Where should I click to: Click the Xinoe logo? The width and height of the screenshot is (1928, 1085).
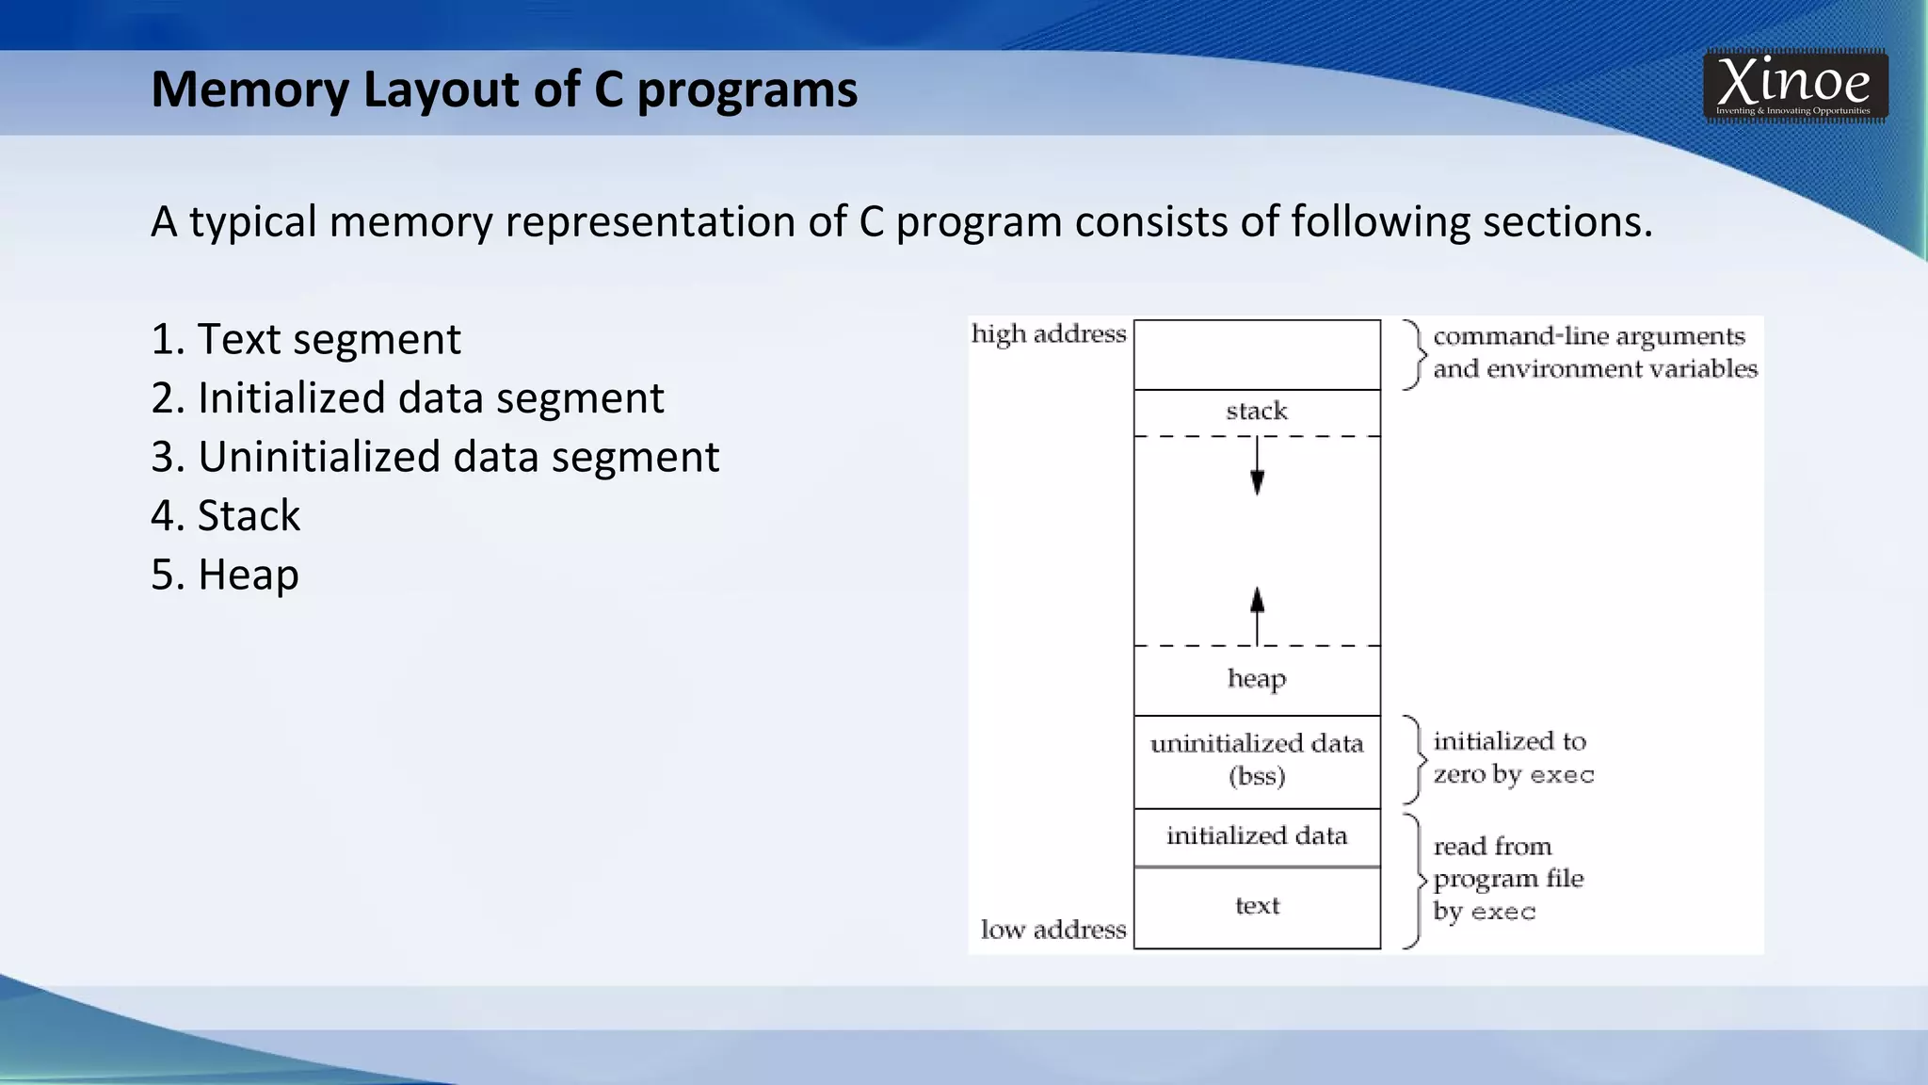[x=1794, y=86]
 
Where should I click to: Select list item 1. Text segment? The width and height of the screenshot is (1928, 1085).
[x=306, y=339]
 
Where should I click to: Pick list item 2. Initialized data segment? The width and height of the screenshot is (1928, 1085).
[x=407, y=398]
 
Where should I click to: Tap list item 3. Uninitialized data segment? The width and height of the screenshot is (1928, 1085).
[x=435, y=457]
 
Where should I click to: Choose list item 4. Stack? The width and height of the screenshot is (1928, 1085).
[x=226, y=516]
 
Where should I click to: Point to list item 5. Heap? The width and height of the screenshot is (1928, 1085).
[x=225, y=575]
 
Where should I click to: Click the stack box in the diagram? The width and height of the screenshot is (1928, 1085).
[x=1257, y=412]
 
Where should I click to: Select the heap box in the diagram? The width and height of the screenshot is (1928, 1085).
[x=1257, y=679]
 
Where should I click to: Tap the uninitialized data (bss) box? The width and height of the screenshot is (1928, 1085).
[x=1257, y=760]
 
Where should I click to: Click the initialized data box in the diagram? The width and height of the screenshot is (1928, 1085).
[x=1257, y=836]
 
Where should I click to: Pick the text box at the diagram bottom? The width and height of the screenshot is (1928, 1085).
[x=1257, y=906]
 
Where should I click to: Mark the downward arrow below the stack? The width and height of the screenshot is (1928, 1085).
[x=1257, y=468]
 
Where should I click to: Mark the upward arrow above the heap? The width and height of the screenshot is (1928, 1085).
[x=1257, y=614]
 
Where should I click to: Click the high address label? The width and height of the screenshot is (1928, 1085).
[x=1049, y=334]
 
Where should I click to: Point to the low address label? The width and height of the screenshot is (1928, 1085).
[x=1053, y=930]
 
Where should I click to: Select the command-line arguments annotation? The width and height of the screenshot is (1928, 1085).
[x=1594, y=352]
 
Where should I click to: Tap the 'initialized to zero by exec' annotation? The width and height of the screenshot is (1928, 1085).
[x=1513, y=758]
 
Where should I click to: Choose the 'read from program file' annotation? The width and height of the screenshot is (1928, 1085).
[x=1507, y=879]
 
